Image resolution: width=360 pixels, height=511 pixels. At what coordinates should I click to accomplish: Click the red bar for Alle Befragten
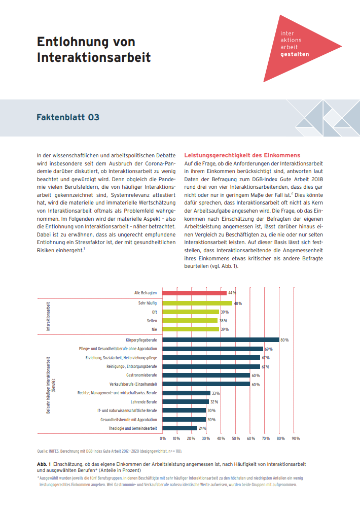click(195, 293)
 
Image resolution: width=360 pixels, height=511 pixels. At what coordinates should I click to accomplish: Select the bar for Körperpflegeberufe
click(221, 339)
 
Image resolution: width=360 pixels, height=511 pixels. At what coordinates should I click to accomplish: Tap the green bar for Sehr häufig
click(197, 303)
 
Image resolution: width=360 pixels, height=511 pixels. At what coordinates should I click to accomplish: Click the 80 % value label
click(284, 340)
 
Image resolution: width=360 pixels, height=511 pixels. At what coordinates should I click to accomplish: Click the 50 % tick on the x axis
click(236, 438)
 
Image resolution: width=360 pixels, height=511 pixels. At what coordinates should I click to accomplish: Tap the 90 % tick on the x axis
click(295, 438)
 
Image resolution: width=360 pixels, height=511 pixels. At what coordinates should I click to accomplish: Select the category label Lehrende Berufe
click(143, 402)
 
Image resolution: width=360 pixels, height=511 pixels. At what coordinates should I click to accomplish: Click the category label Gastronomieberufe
click(141, 375)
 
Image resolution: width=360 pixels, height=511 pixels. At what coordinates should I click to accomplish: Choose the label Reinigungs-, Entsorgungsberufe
click(131, 366)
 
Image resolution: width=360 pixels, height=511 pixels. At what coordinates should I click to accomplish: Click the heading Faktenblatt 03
click(68, 118)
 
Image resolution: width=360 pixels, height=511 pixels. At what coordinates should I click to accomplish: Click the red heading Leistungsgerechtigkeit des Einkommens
click(242, 155)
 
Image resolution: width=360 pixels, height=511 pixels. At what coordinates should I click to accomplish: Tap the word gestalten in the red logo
click(294, 53)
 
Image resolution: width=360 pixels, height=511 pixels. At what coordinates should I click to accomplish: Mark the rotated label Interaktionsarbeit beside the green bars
click(49, 316)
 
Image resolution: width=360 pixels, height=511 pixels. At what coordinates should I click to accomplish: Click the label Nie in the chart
click(154, 329)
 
